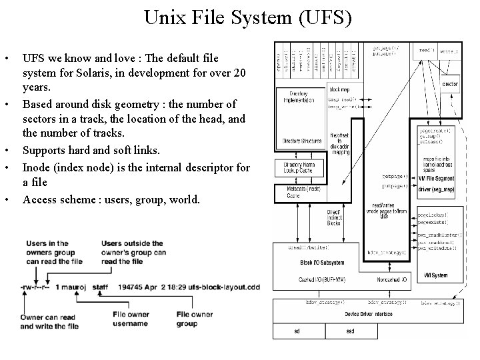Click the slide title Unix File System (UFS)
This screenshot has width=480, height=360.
pos(247,17)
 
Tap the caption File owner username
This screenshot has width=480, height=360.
pos(130,319)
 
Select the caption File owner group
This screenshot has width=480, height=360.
pos(195,319)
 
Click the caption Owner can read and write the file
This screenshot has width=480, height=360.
pos(50,322)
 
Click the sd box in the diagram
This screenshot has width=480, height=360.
pos(297,331)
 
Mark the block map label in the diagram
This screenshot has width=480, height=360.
pos(340,89)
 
